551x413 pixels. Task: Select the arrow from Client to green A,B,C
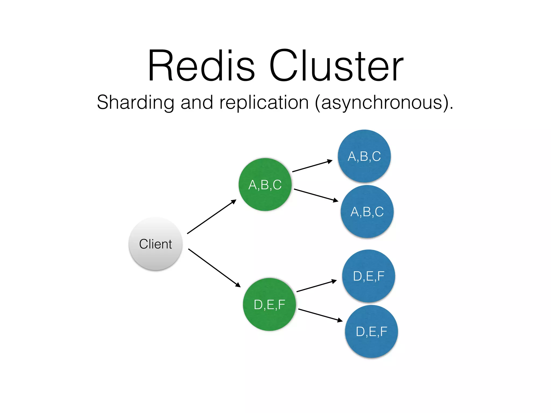pos(211,217)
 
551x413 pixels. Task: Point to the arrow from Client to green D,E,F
pos(214,268)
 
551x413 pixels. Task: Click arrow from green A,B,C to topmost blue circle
pos(312,166)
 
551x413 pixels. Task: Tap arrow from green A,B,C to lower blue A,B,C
pos(316,195)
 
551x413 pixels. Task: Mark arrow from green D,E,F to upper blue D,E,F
pos(316,286)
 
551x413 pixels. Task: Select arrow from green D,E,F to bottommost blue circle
pos(320,315)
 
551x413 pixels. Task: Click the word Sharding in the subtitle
pos(136,103)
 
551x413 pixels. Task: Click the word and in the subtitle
pos(197,103)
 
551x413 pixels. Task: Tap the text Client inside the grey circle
pos(156,244)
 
